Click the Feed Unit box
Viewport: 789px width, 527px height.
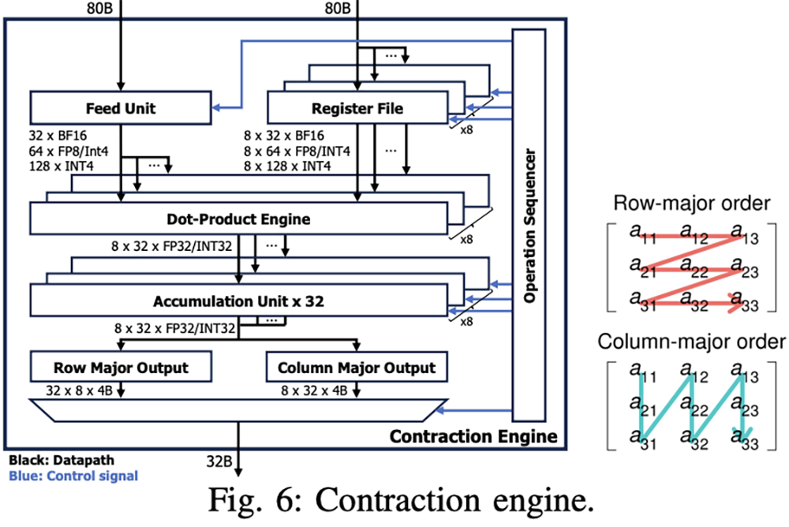pos(120,108)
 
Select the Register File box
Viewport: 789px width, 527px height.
pos(357,108)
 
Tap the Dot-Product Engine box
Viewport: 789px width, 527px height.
pos(237,218)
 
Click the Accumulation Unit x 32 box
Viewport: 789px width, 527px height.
pos(237,301)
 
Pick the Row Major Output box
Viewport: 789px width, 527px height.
pos(120,368)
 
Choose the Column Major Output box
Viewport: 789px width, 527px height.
pos(356,368)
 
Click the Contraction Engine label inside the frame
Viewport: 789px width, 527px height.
pos(473,436)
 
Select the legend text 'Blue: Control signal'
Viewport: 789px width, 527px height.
pos(73,476)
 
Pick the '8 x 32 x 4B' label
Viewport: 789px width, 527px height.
pos(317,390)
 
